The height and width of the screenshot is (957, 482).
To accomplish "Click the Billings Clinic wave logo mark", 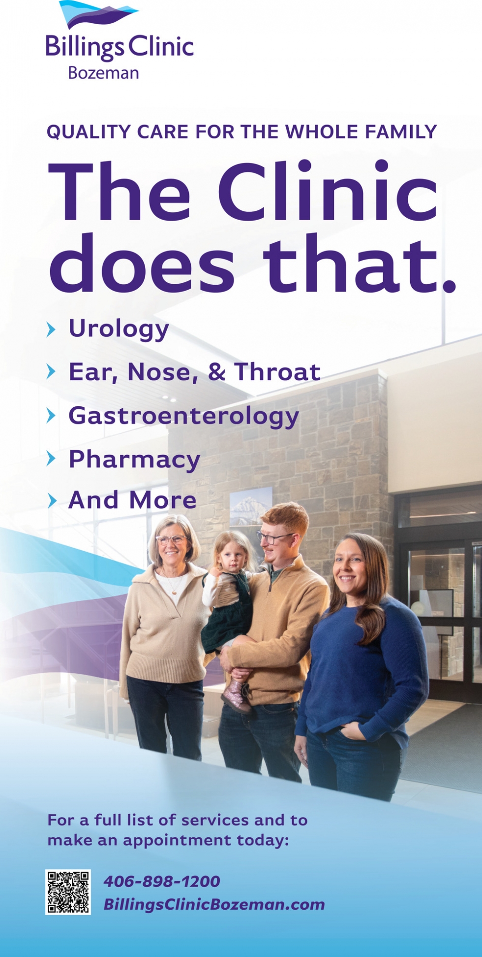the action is click(98, 14).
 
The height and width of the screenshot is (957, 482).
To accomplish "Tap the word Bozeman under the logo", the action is click(103, 73).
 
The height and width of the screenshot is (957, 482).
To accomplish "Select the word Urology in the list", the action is click(119, 329).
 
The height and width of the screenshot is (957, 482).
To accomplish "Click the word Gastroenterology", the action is click(183, 416).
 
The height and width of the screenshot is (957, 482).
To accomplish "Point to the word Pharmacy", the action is click(134, 460).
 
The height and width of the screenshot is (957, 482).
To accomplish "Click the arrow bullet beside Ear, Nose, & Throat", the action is click(51, 371).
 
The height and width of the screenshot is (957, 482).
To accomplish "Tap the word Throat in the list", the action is click(277, 371).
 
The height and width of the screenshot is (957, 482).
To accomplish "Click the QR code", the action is click(68, 892).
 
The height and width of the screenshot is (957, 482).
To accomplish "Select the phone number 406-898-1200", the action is click(162, 881).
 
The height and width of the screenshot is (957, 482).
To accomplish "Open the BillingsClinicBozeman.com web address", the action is click(214, 904).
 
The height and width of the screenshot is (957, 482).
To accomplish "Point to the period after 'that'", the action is click(449, 285).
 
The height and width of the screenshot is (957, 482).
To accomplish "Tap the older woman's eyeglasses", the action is click(171, 539).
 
